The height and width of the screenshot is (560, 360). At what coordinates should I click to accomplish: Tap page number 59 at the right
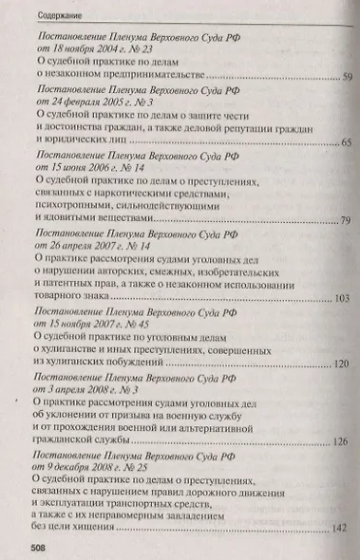pyautogui.click(x=348, y=76)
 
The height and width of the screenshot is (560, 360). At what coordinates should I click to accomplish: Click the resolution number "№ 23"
pyautogui.click(x=139, y=47)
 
